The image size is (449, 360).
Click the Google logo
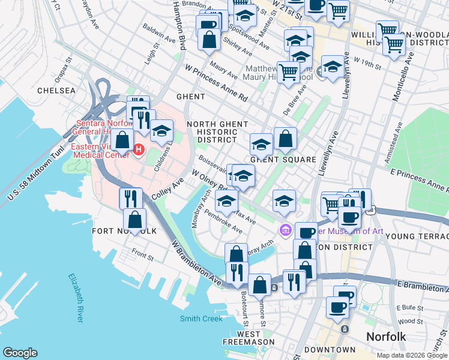(x=20, y=353)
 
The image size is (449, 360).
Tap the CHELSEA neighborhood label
(x=56, y=91)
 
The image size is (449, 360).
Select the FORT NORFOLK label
(x=124, y=231)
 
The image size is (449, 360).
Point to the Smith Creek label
(x=201, y=319)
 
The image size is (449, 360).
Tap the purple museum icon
(x=286, y=230)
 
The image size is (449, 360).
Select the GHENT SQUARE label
(x=283, y=160)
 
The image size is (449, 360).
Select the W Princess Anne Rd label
(x=216, y=83)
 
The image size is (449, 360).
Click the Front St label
(x=143, y=256)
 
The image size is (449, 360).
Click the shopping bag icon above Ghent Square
(x=285, y=139)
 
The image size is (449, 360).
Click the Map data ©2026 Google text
(x=411, y=355)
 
